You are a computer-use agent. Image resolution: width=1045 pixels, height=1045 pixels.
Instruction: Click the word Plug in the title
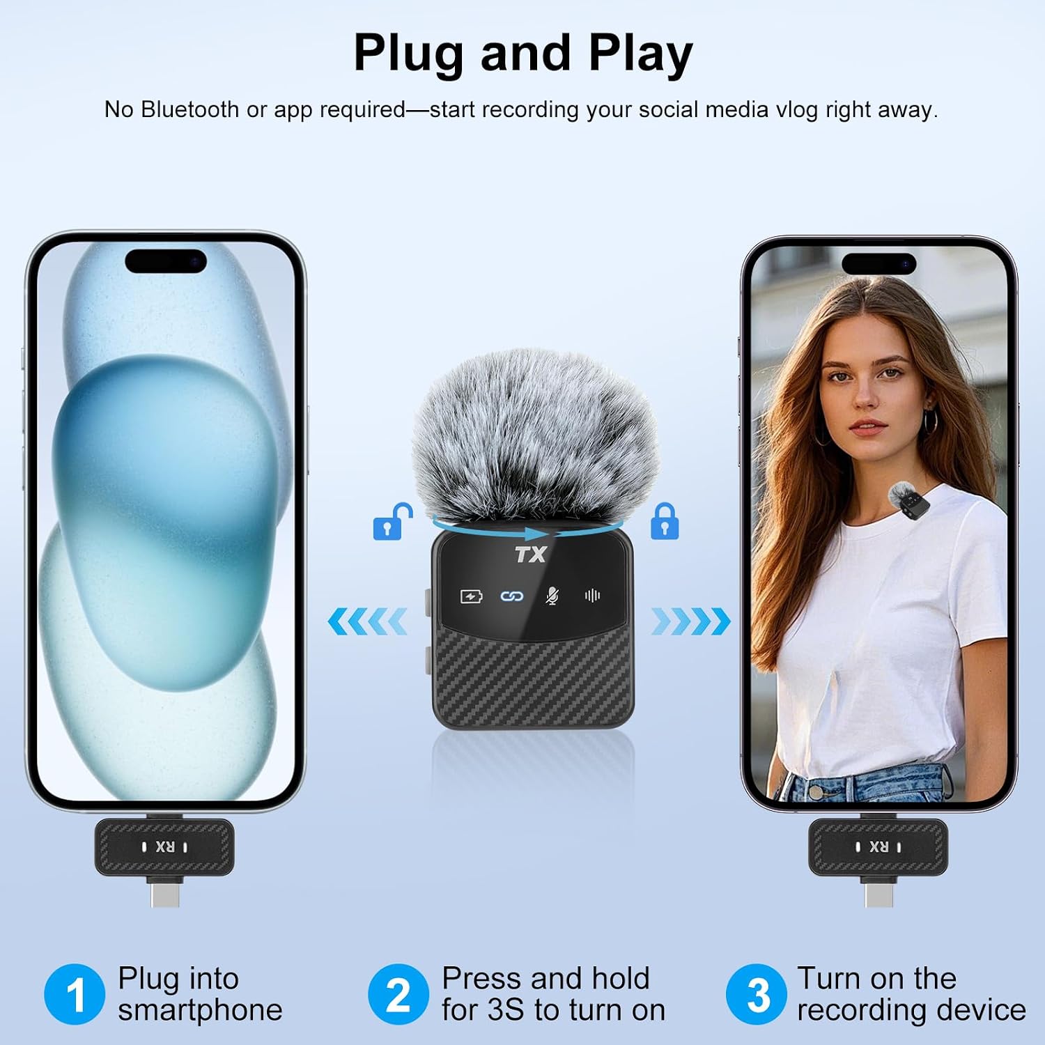[x=408, y=54]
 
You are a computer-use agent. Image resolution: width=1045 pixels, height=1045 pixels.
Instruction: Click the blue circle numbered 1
[x=75, y=994]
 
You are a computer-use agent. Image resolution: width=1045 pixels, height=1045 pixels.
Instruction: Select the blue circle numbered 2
[x=398, y=994]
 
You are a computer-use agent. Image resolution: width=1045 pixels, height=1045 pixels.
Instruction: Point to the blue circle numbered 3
[x=757, y=994]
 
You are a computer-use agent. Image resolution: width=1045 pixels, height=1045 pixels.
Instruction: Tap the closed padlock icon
[x=664, y=521]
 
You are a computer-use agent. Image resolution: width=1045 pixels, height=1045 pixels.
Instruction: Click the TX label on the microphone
[x=531, y=555]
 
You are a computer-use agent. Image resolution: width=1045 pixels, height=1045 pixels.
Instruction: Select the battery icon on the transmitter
[x=471, y=596]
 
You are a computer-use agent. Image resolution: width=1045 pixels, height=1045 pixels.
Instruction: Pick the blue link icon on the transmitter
[x=512, y=596]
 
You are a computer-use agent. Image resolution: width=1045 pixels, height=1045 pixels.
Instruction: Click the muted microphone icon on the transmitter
[x=552, y=596]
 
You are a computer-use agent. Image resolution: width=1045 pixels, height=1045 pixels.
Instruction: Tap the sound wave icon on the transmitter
[x=593, y=596]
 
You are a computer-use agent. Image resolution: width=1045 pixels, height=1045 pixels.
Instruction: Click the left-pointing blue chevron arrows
[x=366, y=621]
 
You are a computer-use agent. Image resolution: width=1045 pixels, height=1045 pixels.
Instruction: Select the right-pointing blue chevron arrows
[x=691, y=621]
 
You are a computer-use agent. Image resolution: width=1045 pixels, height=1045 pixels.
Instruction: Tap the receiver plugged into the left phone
[x=164, y=856]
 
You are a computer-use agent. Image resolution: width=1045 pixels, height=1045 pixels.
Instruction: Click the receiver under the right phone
[x=878, y=856]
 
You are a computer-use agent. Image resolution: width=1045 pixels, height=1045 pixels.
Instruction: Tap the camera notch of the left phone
[x=166, y=261]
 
